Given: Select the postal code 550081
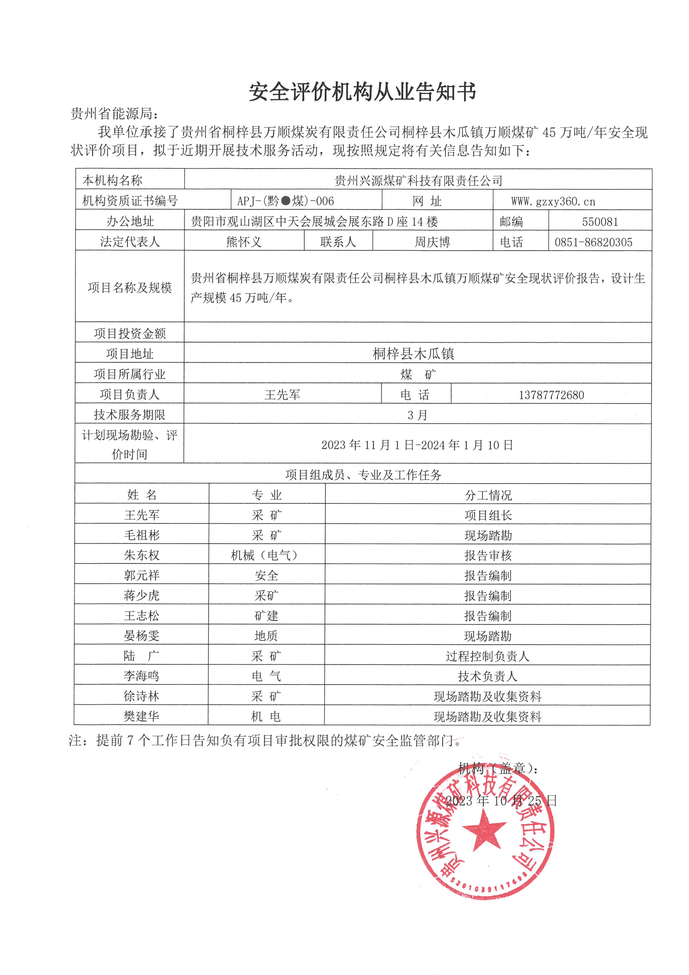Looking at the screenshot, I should (600, 222).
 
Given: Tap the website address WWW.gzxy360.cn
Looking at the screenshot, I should (553, 201).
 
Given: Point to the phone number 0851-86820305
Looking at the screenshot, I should (593, 242).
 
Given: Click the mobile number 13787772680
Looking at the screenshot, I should (551, 395).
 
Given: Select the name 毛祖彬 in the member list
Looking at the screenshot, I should (142, 535).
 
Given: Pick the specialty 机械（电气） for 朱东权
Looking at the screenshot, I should (266, 555).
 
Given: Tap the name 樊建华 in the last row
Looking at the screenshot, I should (141, 716).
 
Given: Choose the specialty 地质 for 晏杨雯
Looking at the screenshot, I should (266, 636).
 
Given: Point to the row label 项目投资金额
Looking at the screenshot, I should (130, 333).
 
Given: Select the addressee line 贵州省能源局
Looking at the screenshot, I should (114, 114).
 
